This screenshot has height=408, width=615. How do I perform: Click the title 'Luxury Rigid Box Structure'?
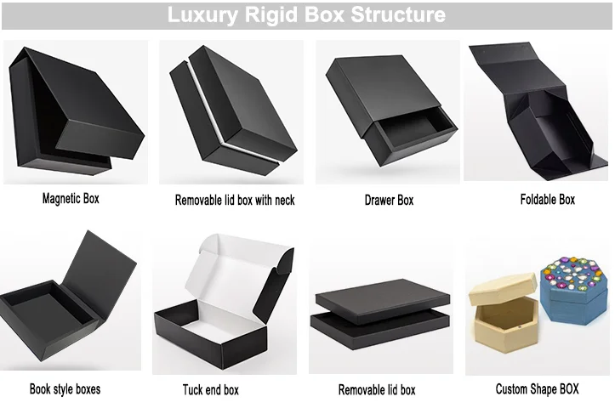coord(306,15)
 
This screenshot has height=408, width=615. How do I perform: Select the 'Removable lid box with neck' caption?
coord(235,201)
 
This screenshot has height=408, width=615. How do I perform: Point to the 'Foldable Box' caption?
coord(547,200)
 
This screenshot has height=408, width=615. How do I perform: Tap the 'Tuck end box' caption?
coord(211,390)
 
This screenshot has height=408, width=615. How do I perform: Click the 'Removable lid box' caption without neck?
coord(377,390)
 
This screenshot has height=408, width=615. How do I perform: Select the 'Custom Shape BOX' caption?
coord(537,389)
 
